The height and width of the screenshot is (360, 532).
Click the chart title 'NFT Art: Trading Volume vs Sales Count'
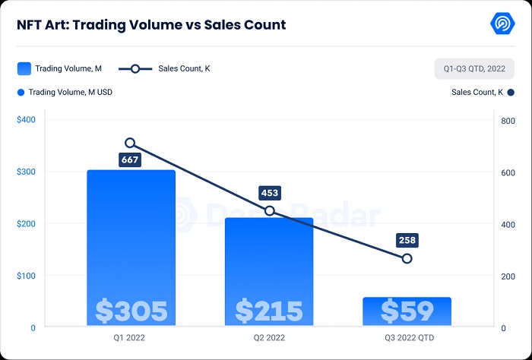tap(151, 25)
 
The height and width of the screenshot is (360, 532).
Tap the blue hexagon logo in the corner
tap(503, 23)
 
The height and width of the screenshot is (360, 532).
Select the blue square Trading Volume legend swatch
tap(24, 68)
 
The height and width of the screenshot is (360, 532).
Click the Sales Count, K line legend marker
tap(135, 68)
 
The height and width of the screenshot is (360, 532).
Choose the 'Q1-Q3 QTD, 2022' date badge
tap(474, 68)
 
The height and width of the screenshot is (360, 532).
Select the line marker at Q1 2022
tap(130, 143)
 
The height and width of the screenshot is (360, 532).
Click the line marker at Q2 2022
tap(269, 210)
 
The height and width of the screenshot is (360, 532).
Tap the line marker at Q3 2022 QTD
tap(407, 258)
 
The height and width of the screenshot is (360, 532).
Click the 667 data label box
tap(130, 160)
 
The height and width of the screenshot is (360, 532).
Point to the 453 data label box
tap(269, 193)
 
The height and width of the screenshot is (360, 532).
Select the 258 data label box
tap(407, 241)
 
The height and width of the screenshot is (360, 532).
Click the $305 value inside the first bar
tap(131, 311)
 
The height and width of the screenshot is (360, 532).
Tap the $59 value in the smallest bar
tap(407, 311)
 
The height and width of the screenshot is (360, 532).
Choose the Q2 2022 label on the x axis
tap(269, 337)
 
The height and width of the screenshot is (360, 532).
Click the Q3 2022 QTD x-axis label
tap(407, 337)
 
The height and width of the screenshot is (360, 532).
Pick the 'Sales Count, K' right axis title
tap(477, 92)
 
